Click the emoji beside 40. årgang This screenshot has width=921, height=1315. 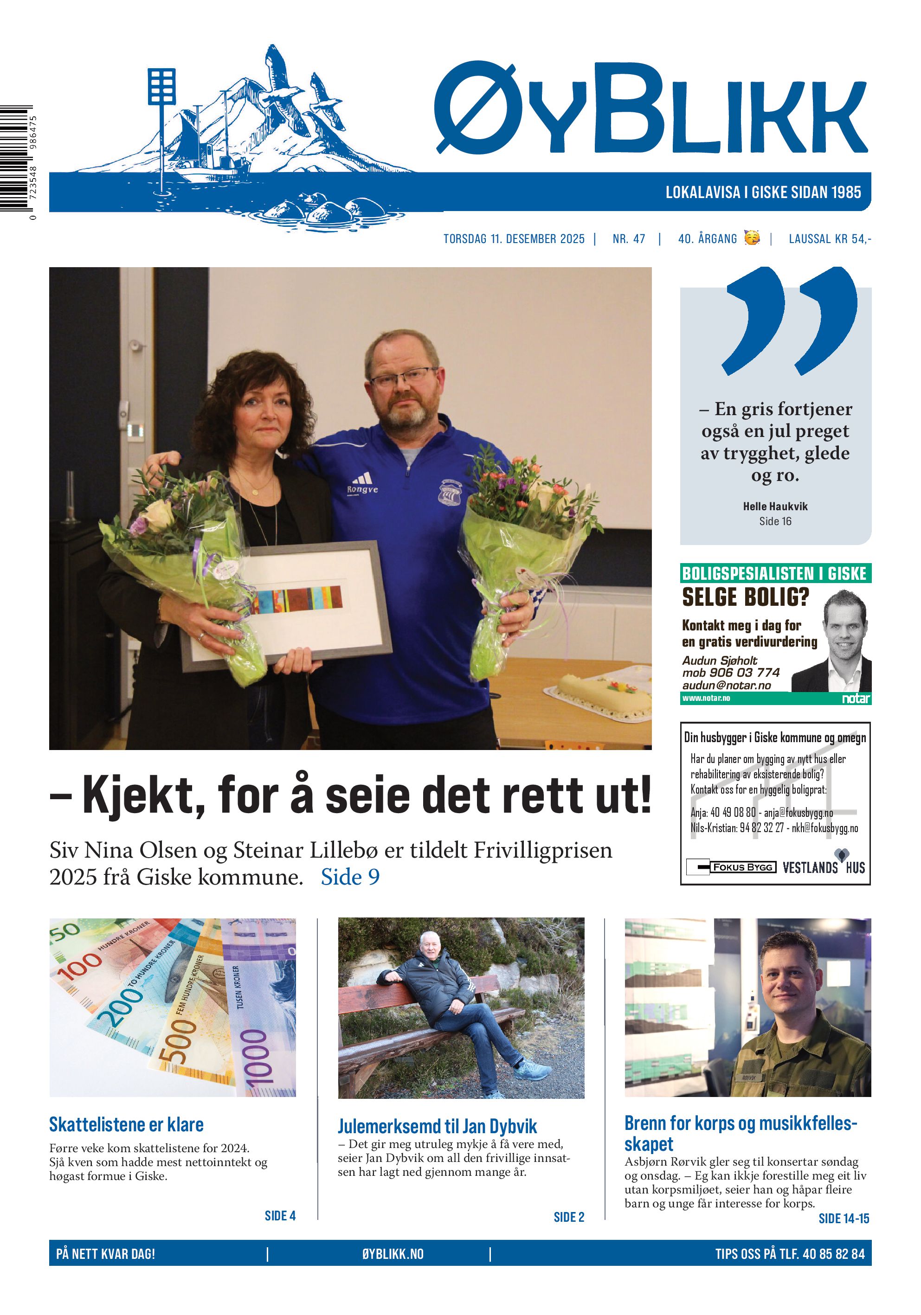752,237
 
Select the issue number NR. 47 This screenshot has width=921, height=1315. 628,239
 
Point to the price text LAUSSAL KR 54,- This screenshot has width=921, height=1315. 829,239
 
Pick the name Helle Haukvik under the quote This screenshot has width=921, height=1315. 775,507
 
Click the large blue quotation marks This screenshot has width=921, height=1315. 791,321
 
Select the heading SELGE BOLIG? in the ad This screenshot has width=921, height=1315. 745,597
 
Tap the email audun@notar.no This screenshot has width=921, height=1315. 726,685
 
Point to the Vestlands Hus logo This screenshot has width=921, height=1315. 824,867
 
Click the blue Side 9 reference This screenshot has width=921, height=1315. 350,877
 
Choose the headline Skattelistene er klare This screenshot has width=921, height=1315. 126,1124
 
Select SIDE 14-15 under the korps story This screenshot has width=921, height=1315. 844,1218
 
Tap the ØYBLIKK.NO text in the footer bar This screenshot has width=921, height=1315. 393,1254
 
